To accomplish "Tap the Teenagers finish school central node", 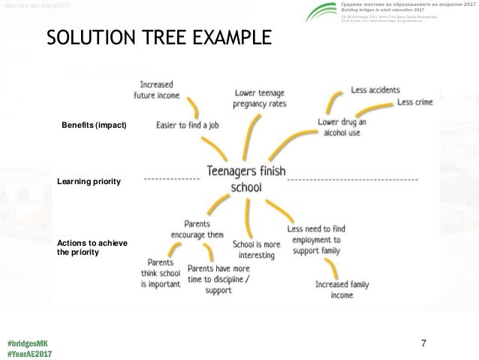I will tap(246, 178).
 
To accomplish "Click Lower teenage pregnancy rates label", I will tap(259, 98).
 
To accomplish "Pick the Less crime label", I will tap(415, 102).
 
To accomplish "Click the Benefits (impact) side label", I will tap(95, 124).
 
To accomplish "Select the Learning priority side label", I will tap(89, 182).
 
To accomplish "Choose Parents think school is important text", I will tap(161, 274).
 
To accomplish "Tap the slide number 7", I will tap(424, 343).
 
